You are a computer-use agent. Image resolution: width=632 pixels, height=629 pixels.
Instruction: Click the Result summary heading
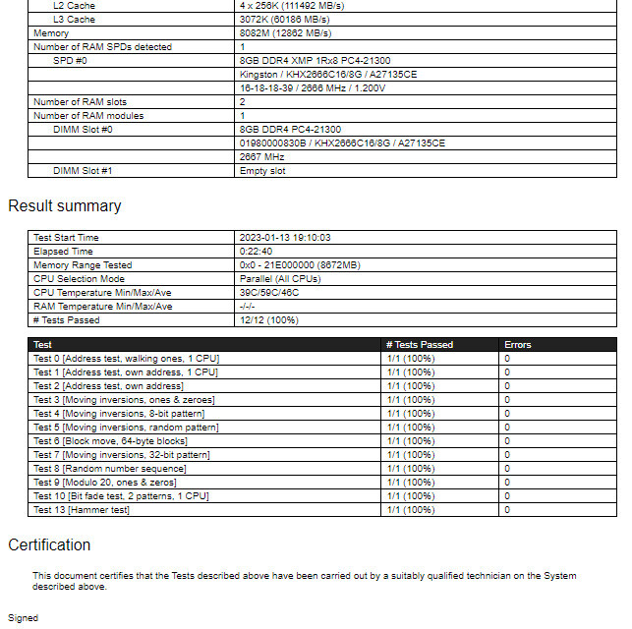click(65, 206)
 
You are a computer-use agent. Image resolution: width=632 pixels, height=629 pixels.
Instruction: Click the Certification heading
click(49, 545)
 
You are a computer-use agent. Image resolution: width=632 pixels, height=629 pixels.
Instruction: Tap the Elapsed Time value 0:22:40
click(257, 252)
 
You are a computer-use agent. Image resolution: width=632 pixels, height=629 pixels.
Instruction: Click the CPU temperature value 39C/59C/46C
click(269, 293)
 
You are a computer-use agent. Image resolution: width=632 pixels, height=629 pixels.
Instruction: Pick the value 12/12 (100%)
click(268, 320)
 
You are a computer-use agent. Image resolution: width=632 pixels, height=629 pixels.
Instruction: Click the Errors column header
click(517, 345)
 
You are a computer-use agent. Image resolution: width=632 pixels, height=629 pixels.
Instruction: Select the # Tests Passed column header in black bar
click(420, 345)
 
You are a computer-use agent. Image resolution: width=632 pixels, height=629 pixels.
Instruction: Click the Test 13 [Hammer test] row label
click(82, 510)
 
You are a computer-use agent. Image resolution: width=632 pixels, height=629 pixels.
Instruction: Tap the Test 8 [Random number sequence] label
click(110, 469)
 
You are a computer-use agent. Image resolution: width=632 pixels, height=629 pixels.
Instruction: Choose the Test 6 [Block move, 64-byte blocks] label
click(110, 441)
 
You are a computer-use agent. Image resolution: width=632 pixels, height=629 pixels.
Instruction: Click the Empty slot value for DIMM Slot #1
click(262, 171)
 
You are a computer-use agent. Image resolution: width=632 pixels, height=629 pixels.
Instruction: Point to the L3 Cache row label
click(75, 20)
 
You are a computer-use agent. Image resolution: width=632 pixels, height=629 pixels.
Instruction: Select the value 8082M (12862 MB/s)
click(285, 33)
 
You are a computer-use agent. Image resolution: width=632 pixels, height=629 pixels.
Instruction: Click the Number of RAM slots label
click(80, 102)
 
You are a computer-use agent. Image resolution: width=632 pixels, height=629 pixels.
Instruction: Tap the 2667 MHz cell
click(261, 157)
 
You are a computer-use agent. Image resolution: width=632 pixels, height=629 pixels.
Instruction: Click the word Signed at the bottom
click(23, 619)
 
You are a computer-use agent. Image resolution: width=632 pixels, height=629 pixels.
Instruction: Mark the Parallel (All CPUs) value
click(280, 279)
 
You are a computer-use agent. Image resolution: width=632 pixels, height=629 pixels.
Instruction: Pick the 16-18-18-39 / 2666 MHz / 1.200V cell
click(313, 88)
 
